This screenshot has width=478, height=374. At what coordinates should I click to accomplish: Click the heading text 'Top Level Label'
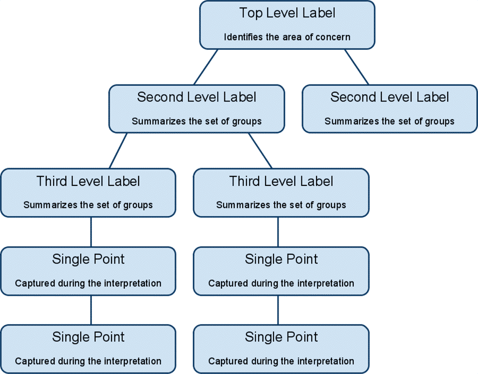(x=287, y=13)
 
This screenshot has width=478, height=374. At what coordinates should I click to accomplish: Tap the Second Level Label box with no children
(x=389, y=109)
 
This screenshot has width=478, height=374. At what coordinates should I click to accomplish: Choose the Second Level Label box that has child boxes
(x=197, y=109)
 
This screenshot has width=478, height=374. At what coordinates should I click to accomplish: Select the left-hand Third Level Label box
(x=88, y=192)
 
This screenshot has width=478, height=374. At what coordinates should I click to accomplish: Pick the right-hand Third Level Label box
(x=281, y=192)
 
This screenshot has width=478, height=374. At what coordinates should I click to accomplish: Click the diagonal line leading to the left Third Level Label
(x=118, y=150)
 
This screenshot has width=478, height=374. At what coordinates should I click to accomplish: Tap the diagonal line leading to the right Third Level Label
(x=260, y=150)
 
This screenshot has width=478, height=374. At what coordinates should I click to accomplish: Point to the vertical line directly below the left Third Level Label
(x=91, y=232)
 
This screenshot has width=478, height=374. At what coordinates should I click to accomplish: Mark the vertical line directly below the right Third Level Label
(x=278, y=232)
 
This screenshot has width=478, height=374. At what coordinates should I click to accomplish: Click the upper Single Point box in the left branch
(x=88, y=271)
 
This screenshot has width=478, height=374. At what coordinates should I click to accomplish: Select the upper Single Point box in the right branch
(x=281, y=271)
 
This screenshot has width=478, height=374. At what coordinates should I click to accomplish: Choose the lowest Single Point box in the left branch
(x=88, y=349)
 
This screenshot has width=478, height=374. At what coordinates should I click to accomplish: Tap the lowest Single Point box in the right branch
(x=281, y=349)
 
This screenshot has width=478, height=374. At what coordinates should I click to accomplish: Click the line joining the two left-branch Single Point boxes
(x=91, y=310)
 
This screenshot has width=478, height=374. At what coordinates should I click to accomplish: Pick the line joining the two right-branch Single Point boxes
(x=278, y=310)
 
